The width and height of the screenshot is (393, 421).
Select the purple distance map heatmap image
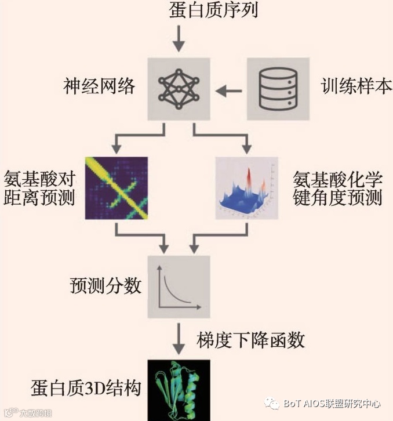117,188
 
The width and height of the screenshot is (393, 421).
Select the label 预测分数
105,286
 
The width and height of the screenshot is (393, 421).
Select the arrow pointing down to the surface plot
246,139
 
